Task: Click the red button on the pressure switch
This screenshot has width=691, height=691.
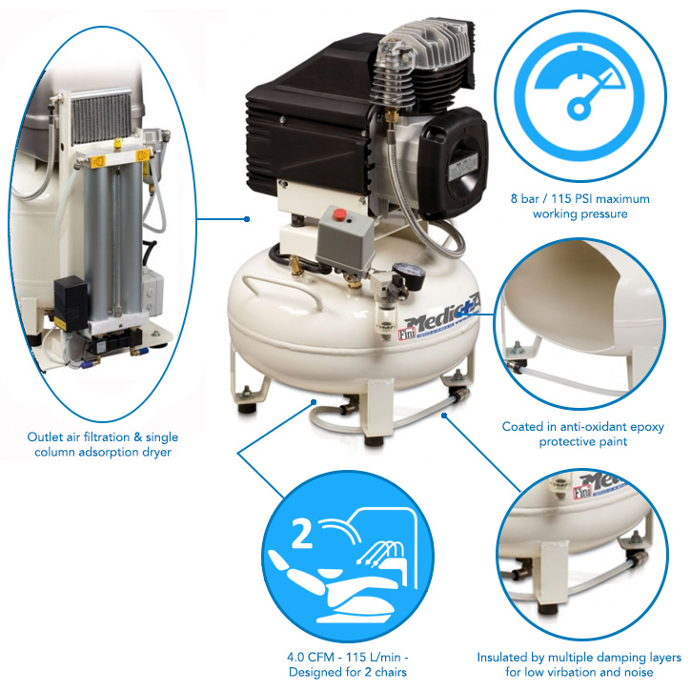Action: pos(339,215)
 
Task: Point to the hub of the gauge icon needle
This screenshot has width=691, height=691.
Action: pos(579,109)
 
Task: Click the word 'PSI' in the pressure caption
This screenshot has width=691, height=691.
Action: pos(572,199)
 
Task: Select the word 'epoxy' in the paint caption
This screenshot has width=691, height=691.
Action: pos(647,427)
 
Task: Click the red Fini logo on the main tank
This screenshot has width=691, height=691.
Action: pos(407,334)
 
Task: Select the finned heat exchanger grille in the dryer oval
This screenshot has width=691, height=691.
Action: pos(101,117)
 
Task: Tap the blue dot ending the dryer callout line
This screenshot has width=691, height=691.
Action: pos(247,219)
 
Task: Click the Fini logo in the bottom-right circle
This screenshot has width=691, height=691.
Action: pos(582,492)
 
